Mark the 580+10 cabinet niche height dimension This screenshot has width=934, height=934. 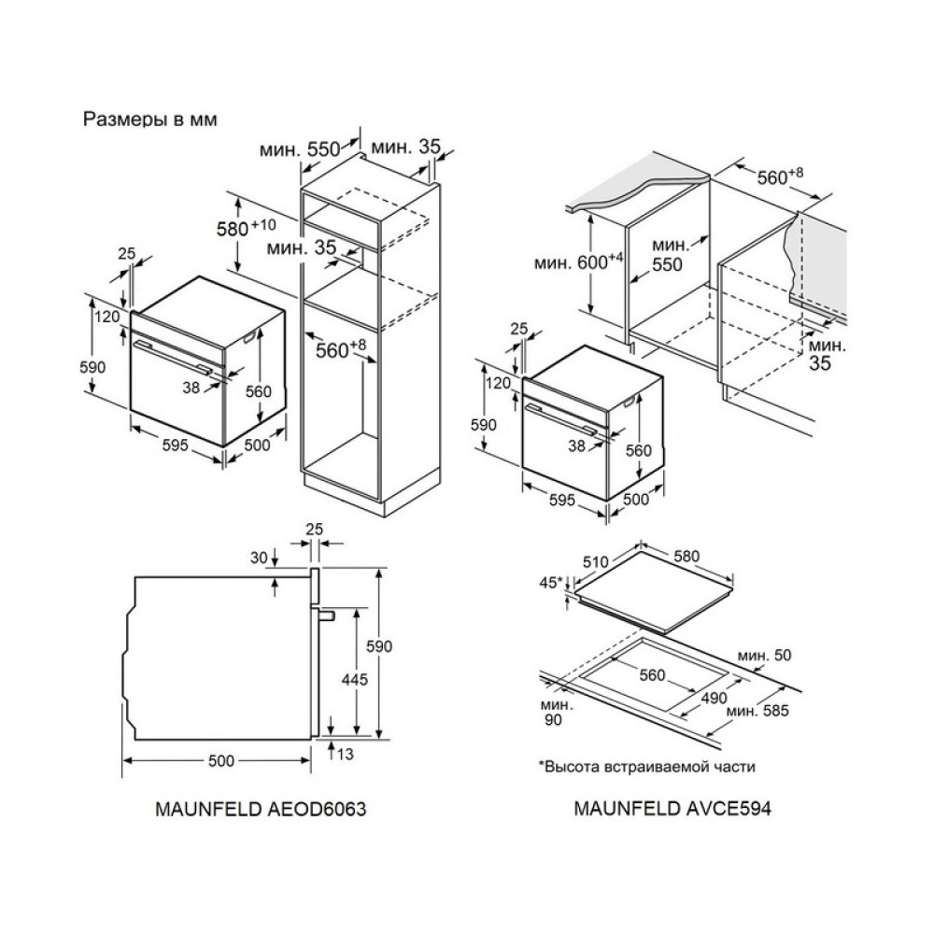coord(249,227)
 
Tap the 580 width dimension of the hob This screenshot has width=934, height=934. coord(686,557)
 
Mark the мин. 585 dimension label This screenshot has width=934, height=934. coord(757,712)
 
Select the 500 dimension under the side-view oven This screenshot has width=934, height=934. coord(221,761)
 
